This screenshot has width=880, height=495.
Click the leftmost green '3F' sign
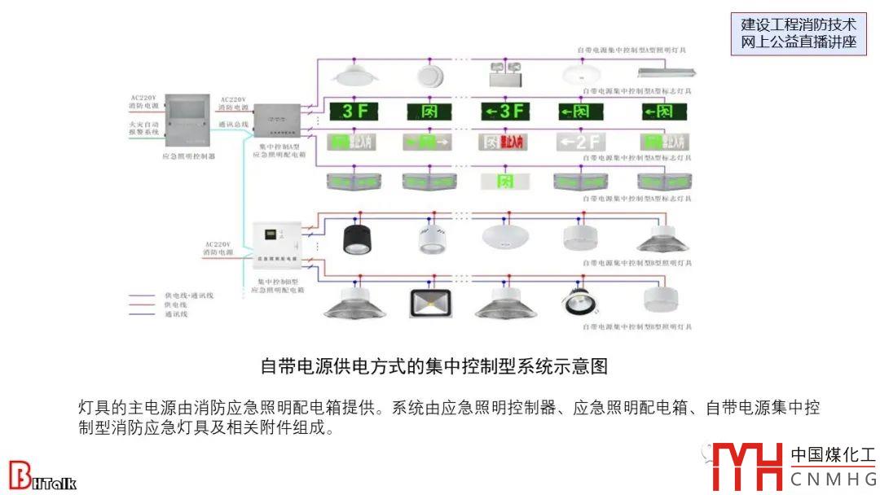coord(355,111)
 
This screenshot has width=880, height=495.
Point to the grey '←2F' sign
coord(579,142)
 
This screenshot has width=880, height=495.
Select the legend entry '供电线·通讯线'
coord(188,296)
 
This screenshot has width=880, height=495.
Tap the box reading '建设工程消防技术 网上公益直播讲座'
coord(799,34)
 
